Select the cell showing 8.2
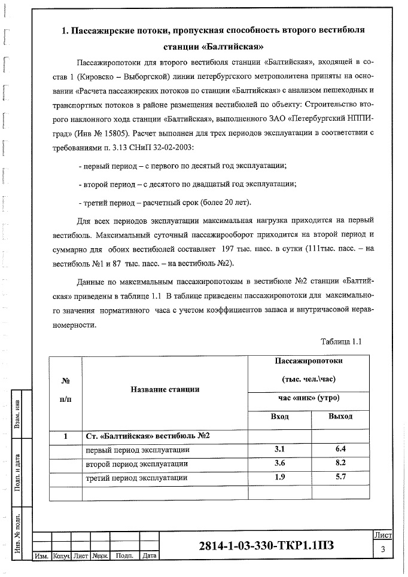[x=340, y=463]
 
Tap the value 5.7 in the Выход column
[x=340, y=478]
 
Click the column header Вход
[x=280, y=417]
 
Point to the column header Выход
[x=340, y=417]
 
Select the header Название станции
[x=165, y=390]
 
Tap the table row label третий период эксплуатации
[x=137, y=478]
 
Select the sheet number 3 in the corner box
[x=382, y=549]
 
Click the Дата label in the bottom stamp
[x=149, y=556]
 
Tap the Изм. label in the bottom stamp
[x=42, y=556]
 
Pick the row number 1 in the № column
[x=65, y=436]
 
